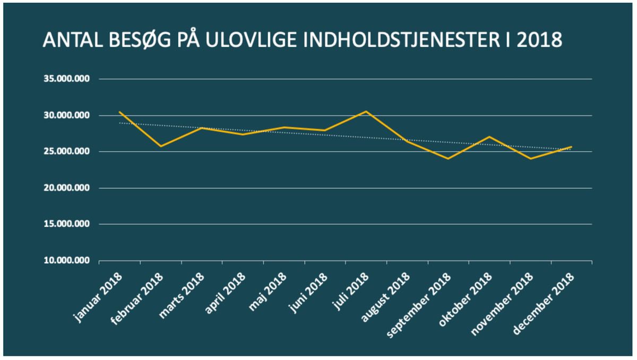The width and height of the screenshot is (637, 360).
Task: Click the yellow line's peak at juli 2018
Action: click(x=366, y=112)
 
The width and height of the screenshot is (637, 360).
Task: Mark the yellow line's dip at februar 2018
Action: click(x=161, y=146)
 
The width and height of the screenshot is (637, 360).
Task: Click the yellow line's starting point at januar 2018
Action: click(x=120, y=112)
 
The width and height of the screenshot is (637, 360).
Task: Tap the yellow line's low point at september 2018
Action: click(x=449, y=158)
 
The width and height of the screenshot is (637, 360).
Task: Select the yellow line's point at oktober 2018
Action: click(x=489, y=136)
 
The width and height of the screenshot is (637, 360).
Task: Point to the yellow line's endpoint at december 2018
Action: click(x=571, y=147)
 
